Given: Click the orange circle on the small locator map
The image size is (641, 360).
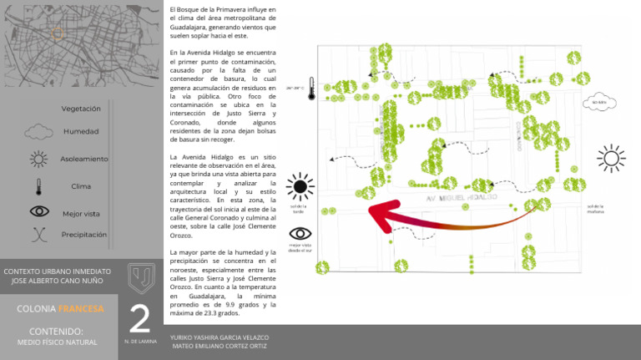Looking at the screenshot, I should [x=58, y=33].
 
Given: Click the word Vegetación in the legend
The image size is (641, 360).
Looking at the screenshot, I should [x=81, y=109].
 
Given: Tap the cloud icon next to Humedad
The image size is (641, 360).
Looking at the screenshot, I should [x=38, y=131].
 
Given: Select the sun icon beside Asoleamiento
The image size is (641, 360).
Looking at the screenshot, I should [x=38, y=159].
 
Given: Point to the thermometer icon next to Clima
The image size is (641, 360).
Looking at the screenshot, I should [x=38, y=186].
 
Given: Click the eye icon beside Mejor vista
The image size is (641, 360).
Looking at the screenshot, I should [x=39, y=212].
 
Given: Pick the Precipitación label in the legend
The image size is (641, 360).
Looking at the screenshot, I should [x=83, y=235].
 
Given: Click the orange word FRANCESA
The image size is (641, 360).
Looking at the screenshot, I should [x=81, y=309].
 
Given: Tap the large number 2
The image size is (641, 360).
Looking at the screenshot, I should [x=139, y=319].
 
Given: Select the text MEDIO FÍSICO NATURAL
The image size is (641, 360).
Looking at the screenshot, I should [x=58, y=342].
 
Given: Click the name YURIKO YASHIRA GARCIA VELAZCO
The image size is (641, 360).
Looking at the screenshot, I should [x=220, y=337].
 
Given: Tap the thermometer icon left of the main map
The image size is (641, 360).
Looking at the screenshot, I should [x=310, y=89].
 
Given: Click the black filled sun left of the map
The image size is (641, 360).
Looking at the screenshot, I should [x=300, y=187].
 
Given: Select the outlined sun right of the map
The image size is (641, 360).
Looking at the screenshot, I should [x=611, y=158].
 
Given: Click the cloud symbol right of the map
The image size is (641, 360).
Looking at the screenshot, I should [x=598, y=103].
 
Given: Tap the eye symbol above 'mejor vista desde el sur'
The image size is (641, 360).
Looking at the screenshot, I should [x=300, y=233].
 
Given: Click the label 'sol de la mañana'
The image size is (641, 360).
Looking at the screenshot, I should [x=595, y=209].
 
